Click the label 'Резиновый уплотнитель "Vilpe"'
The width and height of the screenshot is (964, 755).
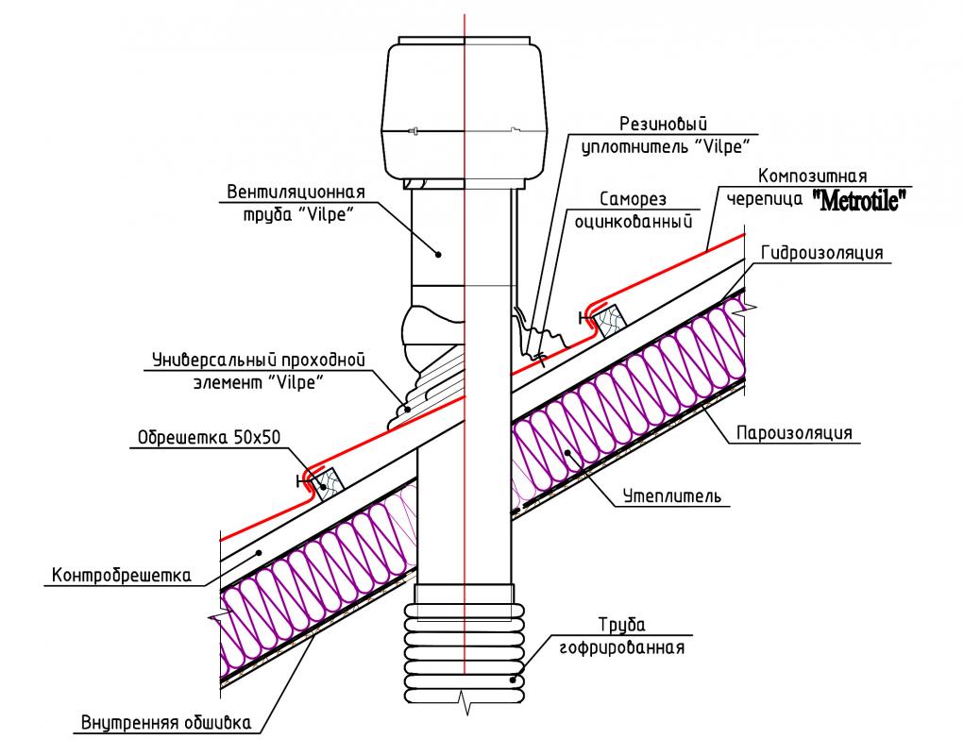pos(663,134)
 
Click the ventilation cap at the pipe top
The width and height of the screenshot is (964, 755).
pos(465,109)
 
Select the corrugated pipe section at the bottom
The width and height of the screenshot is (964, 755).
pos(465,646)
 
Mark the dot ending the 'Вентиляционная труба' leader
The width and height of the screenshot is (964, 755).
pos(439,252)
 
